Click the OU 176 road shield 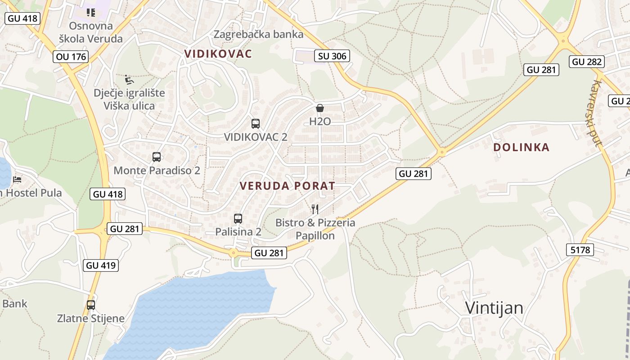(x=71, y=57)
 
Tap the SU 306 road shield (x=332, y=56)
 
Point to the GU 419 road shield (x=101, y=265)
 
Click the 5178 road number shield (x=580, y=249)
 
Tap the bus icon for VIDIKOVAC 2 (x=256, y=123)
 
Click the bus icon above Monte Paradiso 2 (x=157, y=157)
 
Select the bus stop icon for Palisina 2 (x=238, y=219)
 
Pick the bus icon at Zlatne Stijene (x=91, y=305)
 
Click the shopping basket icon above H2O (x=320, y=108)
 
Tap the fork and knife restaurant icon (x=315, y=209)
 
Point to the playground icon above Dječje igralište (x=129, y=80)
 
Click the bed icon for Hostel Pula (x=17, y=179)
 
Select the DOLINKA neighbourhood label (x=521, y=147)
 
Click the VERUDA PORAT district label (x=287, y=186)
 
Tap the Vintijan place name (x=494, y=308)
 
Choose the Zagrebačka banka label (x=258, y=34)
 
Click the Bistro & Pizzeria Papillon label (x=315, y=229)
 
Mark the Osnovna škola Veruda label (x=91, y=32)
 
